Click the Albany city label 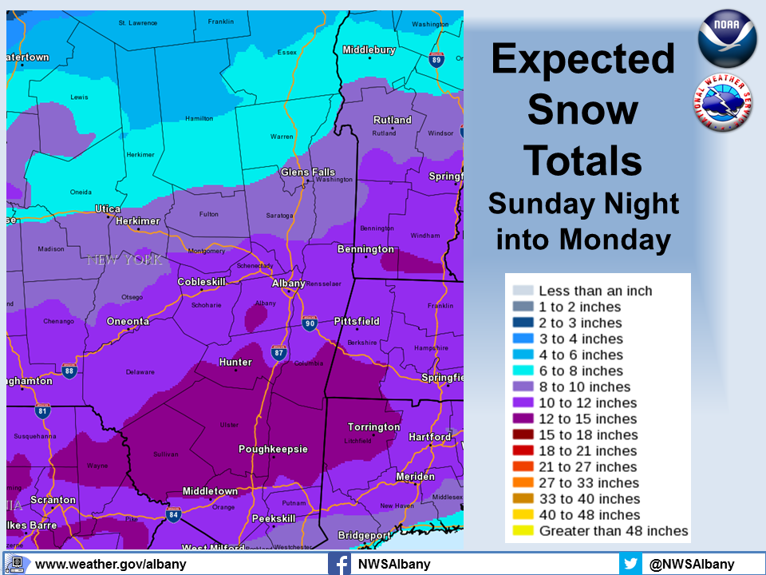[x=288, y=284]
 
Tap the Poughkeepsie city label [x=273, y=450]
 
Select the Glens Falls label [x=308, y=172]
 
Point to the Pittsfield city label [x=356, y=322]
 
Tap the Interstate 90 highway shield [x=310, y=323]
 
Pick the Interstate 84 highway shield [x=173, y=513]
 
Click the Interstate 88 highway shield [x=69, y=371]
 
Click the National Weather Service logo [x=722, y=102]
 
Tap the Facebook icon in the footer [x=339, y=564]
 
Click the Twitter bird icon [x=630, y=564]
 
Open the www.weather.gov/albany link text [x=110, y=564]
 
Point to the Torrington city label [x=374, y=427]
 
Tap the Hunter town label [x=235, y=363]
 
